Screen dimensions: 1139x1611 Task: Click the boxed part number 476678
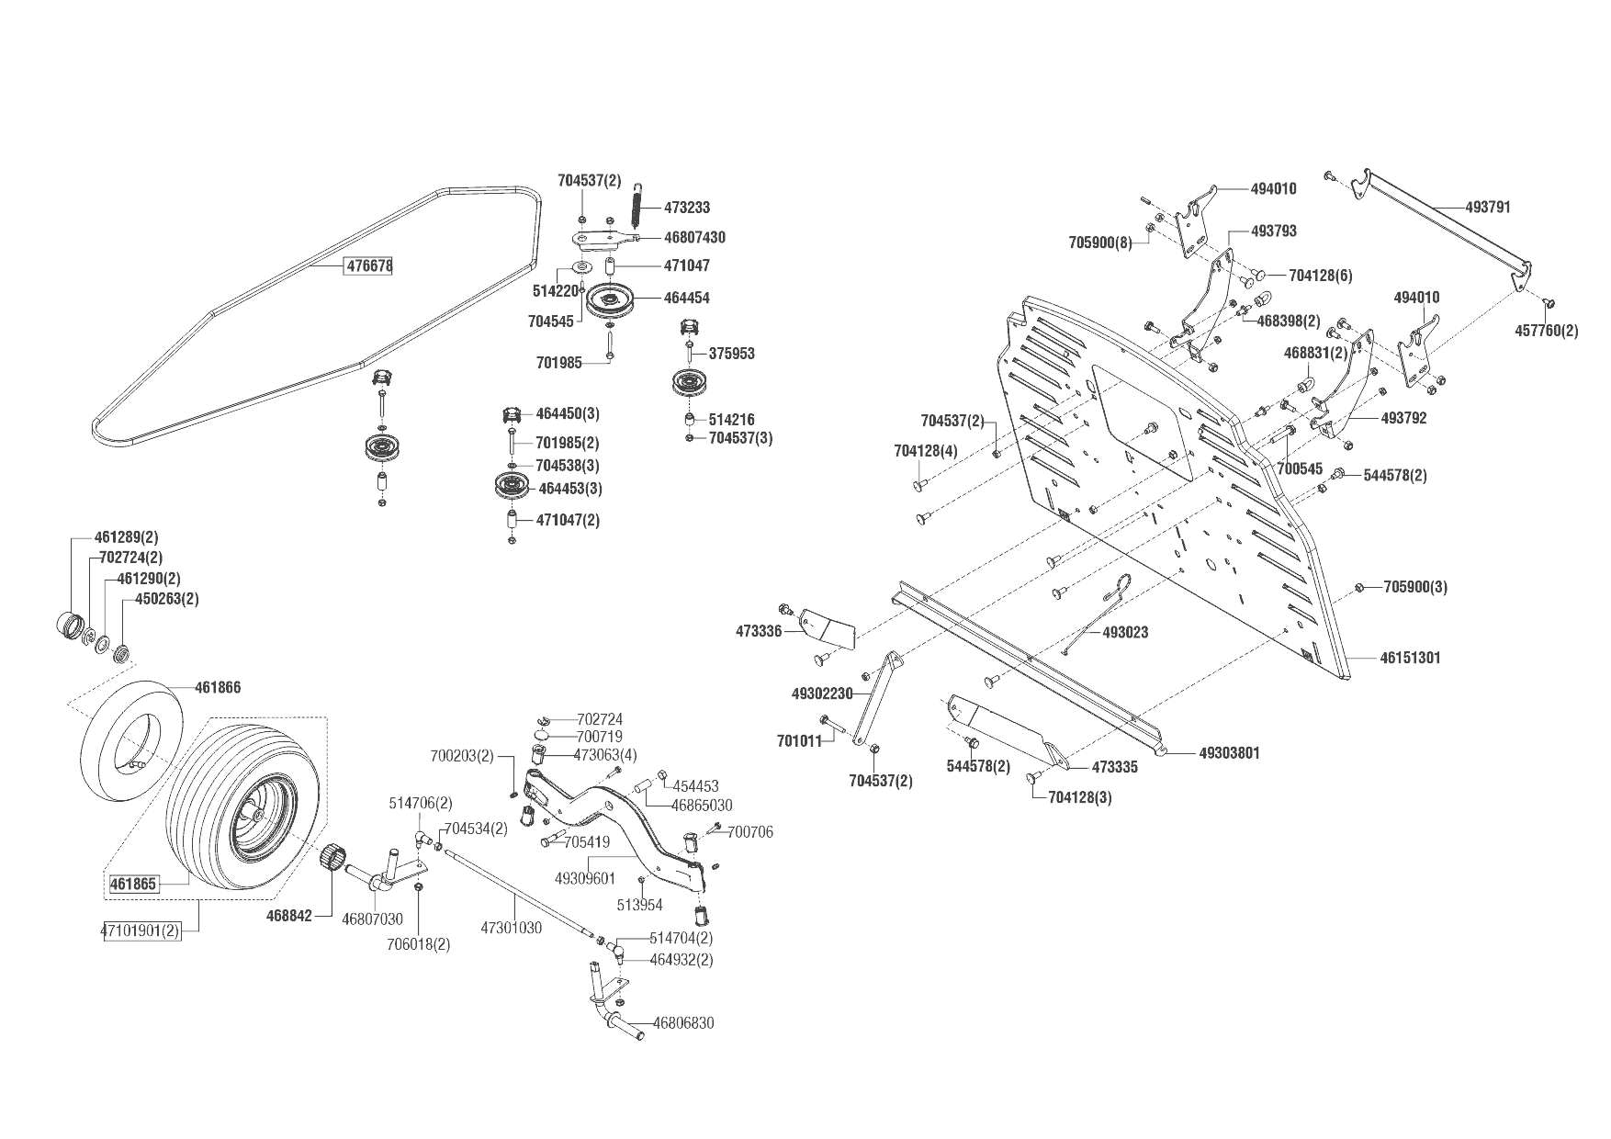[368, 266]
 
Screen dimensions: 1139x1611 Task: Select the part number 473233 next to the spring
[688, 209]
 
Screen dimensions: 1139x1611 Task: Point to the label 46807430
[694, 238]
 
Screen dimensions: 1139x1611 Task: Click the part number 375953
[731, 354]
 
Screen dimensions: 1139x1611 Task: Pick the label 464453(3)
[569, 489]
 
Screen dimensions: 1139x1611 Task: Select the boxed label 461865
[133, 885]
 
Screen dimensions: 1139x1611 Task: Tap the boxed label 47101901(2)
[140, 931]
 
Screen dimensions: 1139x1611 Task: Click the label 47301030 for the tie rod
[511, 928]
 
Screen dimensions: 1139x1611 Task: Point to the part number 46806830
[683, 1023]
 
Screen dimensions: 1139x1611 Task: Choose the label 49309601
[585, 878]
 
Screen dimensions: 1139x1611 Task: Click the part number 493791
[1488, 208]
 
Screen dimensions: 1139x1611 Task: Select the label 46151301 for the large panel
[1410, 658]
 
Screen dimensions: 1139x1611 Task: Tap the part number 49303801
[1230, 753]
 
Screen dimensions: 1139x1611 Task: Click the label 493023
[1124, 632]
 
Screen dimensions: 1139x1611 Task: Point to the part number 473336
[759, 631]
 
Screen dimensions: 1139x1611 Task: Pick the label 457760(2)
[1546, 331]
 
